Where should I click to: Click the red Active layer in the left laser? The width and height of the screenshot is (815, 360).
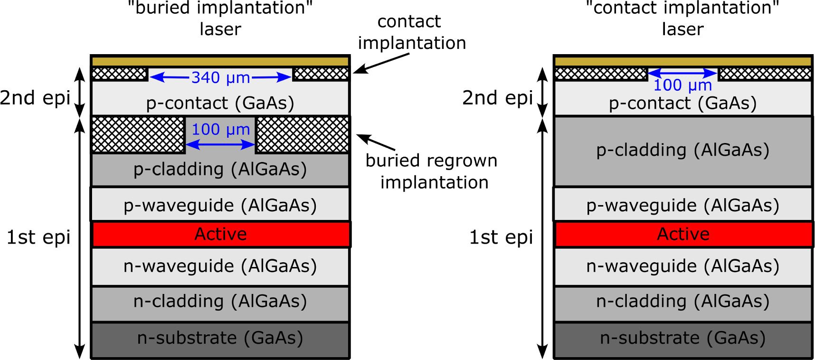(x=220, y=234)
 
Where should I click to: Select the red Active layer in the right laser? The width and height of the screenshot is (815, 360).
(x=683, y=234)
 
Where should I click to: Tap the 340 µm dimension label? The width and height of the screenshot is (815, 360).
(x=220, y=77)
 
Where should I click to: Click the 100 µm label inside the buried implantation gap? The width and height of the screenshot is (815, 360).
(x=220, y=129)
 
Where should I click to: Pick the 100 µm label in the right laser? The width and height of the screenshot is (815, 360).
(x=682, y=85)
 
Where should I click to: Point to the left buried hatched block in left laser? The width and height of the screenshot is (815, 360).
(x=138, y=135)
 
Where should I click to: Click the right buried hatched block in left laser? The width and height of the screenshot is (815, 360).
(x=303, y=135)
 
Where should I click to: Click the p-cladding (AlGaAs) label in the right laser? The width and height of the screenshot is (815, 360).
(x=683, y=150)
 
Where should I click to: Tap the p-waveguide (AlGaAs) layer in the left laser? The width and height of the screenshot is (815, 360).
(x=220, y=205)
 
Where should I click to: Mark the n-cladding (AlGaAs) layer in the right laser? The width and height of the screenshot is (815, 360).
(x=683, y=302)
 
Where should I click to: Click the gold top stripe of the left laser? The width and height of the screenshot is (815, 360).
(x=220, y=61)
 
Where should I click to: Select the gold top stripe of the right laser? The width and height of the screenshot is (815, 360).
(x=683, y=61)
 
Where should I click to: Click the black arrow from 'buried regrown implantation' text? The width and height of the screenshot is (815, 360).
(x=375, y=142)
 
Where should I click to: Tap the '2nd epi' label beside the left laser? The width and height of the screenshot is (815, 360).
(x=35, y=98)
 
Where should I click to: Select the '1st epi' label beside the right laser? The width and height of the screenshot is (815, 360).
(x=501, y=237)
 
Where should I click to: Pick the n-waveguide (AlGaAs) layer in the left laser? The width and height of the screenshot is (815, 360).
(x=220, y=266)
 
